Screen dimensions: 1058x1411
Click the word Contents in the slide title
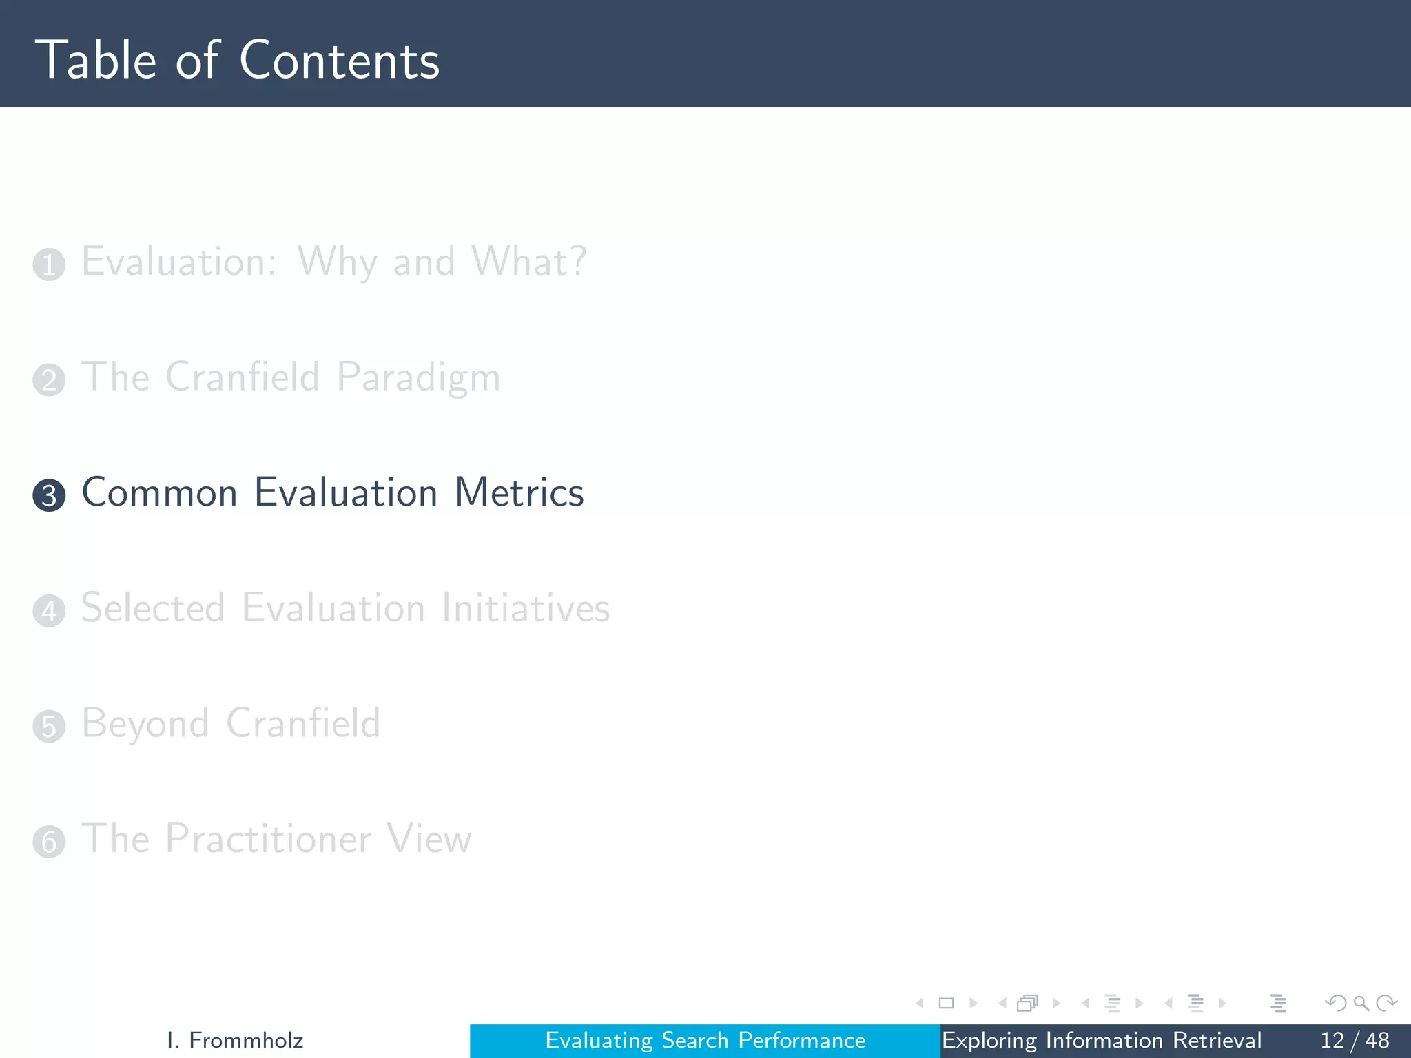point(339,61)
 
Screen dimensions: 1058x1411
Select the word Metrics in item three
point(519,492)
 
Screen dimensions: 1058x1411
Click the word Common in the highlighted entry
point(160,492)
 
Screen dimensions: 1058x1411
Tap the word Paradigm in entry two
point(418,378)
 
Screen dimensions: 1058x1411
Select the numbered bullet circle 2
point(49,380)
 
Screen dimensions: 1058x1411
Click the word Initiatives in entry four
point(525,608)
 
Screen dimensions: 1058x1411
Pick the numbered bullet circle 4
point(49,611)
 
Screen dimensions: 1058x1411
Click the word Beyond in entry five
point(145,724)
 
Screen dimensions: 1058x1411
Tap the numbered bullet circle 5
point(49,727)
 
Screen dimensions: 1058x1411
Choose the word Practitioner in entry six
point(268,838)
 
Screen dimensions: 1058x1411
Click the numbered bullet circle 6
point(49,842)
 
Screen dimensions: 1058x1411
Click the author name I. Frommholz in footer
point(235,1040)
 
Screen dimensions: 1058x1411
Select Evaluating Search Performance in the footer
point(705,1040)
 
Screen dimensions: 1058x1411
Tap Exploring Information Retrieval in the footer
point(1101,1040)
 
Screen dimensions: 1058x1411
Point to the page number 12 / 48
point(1354,1040)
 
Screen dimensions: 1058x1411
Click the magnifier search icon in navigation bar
point(1361,1004)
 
